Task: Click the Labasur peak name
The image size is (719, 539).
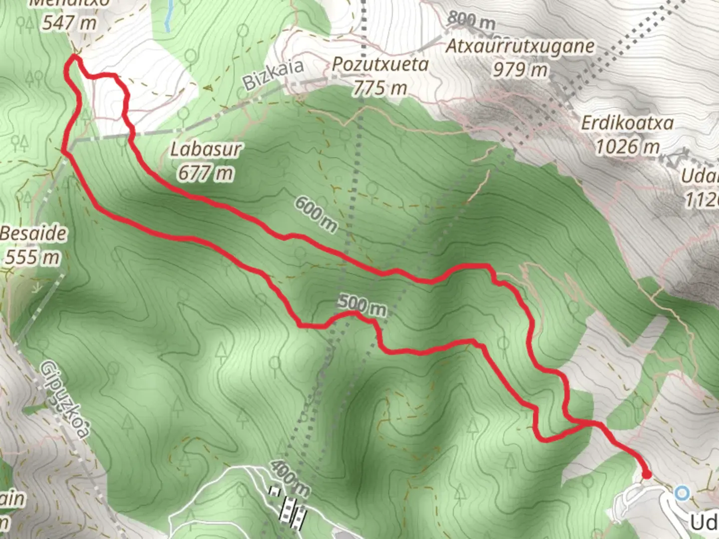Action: click(x=205, y=149)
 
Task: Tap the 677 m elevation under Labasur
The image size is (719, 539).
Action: click(x=205, y=173)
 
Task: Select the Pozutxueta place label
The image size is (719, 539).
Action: click(x=380, y=65)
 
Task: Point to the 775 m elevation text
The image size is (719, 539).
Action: click(x=380, y=88)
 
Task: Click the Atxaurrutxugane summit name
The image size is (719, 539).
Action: click(x=520, y=46)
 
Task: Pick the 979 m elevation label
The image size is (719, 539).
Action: click(x=520, y=69)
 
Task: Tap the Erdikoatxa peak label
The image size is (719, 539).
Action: click(x=627, y=123)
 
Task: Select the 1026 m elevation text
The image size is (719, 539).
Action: click(x=627, y=147)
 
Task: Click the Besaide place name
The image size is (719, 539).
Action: click(x=33, y=234)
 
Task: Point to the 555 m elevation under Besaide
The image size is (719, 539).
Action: click(x=33, y=257)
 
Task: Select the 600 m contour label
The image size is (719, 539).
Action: click(x=316, y=214)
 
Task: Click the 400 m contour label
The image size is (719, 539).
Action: click(x=290, y=478)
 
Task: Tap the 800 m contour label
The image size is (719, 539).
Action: click(x=471, y=20)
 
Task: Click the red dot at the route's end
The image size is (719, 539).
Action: click(x=646, y=474)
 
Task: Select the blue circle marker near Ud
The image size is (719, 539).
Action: click(x=682, y=494)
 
